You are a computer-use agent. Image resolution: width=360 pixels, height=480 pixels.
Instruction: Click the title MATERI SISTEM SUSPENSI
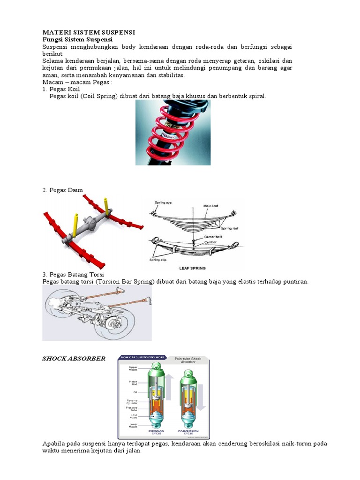point(89,32)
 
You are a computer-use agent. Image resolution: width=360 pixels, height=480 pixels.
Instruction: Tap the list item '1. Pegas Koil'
point(61,89)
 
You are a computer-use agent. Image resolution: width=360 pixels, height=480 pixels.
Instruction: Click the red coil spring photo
point(173,132)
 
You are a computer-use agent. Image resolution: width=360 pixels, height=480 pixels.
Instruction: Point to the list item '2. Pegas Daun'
point(62,190)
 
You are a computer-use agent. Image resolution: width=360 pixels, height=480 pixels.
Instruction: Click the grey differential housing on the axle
point(89,225)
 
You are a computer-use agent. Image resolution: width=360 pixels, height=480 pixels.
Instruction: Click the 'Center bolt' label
point(214,237)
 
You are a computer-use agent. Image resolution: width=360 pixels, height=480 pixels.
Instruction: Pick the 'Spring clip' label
point(158,260)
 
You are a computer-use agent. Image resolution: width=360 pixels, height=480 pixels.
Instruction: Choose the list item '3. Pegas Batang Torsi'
point(73,274)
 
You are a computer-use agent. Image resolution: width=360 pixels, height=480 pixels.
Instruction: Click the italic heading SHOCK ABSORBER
point(74,359)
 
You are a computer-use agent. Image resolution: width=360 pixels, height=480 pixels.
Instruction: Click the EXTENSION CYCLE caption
point(156,432)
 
